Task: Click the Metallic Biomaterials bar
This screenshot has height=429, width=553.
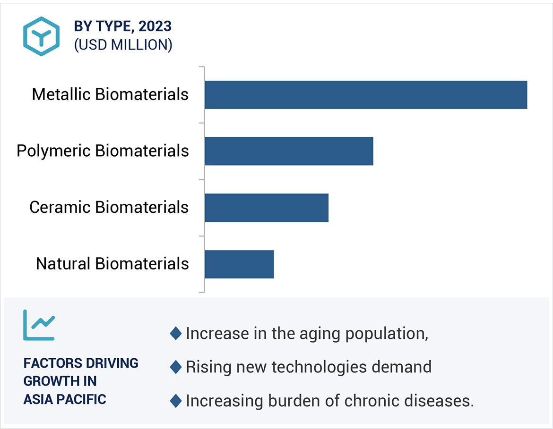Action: click(x=365, y=95)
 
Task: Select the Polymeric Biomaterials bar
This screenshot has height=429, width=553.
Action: click(x=289, y=151)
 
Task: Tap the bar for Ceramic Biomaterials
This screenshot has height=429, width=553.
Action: click(x=266, y=208)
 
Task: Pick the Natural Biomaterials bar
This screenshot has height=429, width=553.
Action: click(x=239, y=264)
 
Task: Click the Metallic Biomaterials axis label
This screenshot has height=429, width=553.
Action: click(x=110, y=94)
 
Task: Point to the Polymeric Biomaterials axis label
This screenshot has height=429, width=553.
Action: click(x=103, y=151)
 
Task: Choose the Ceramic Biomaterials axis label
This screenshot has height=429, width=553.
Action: click(x=109, y=207)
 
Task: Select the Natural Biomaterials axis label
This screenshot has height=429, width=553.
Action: click(x=112, y=263)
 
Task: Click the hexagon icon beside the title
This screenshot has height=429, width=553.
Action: click(x=42, y=36)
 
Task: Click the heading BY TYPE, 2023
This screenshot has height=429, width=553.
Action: click(x=122, y=26)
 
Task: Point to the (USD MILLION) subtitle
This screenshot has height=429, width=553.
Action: click(x=123, y=45)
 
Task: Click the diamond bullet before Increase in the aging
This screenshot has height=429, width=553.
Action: click(x=176, y=333)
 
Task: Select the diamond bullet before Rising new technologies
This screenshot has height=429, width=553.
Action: click(x=176, y=367)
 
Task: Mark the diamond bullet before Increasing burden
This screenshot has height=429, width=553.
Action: click(x=176, y=401)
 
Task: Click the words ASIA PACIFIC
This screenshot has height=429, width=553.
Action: click(x=65, y=399)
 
